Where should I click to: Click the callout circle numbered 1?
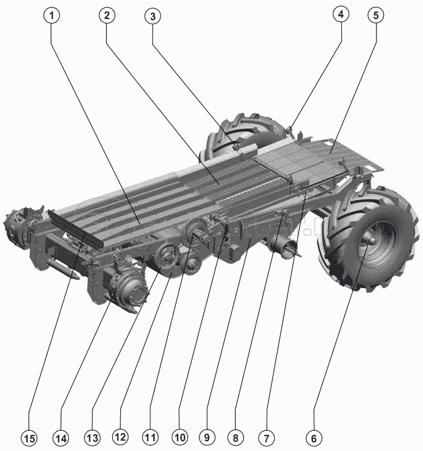point(52,16)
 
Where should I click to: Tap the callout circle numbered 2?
point(107,16)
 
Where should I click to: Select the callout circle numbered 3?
point(153,16)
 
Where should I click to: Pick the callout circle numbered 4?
point(341,14)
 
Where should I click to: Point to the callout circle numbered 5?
point(376,15)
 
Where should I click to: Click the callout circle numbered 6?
point(314,438)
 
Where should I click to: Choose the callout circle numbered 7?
point(267,438)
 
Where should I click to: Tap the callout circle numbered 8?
point(236,438)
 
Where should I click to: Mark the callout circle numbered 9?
point(207,438)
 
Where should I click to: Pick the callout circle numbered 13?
point(93,439)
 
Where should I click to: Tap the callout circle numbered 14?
point(61,439)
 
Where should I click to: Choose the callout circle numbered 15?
point(29,439)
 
